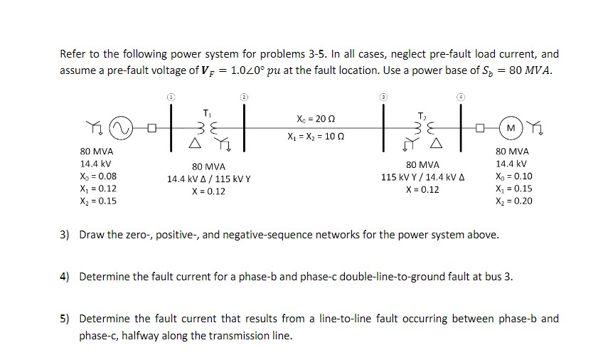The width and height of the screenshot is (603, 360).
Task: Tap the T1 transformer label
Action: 207,112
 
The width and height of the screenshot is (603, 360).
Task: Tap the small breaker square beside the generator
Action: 150,128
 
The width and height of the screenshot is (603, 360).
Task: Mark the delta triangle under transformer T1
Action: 194,144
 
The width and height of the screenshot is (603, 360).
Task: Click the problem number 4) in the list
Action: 64,277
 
